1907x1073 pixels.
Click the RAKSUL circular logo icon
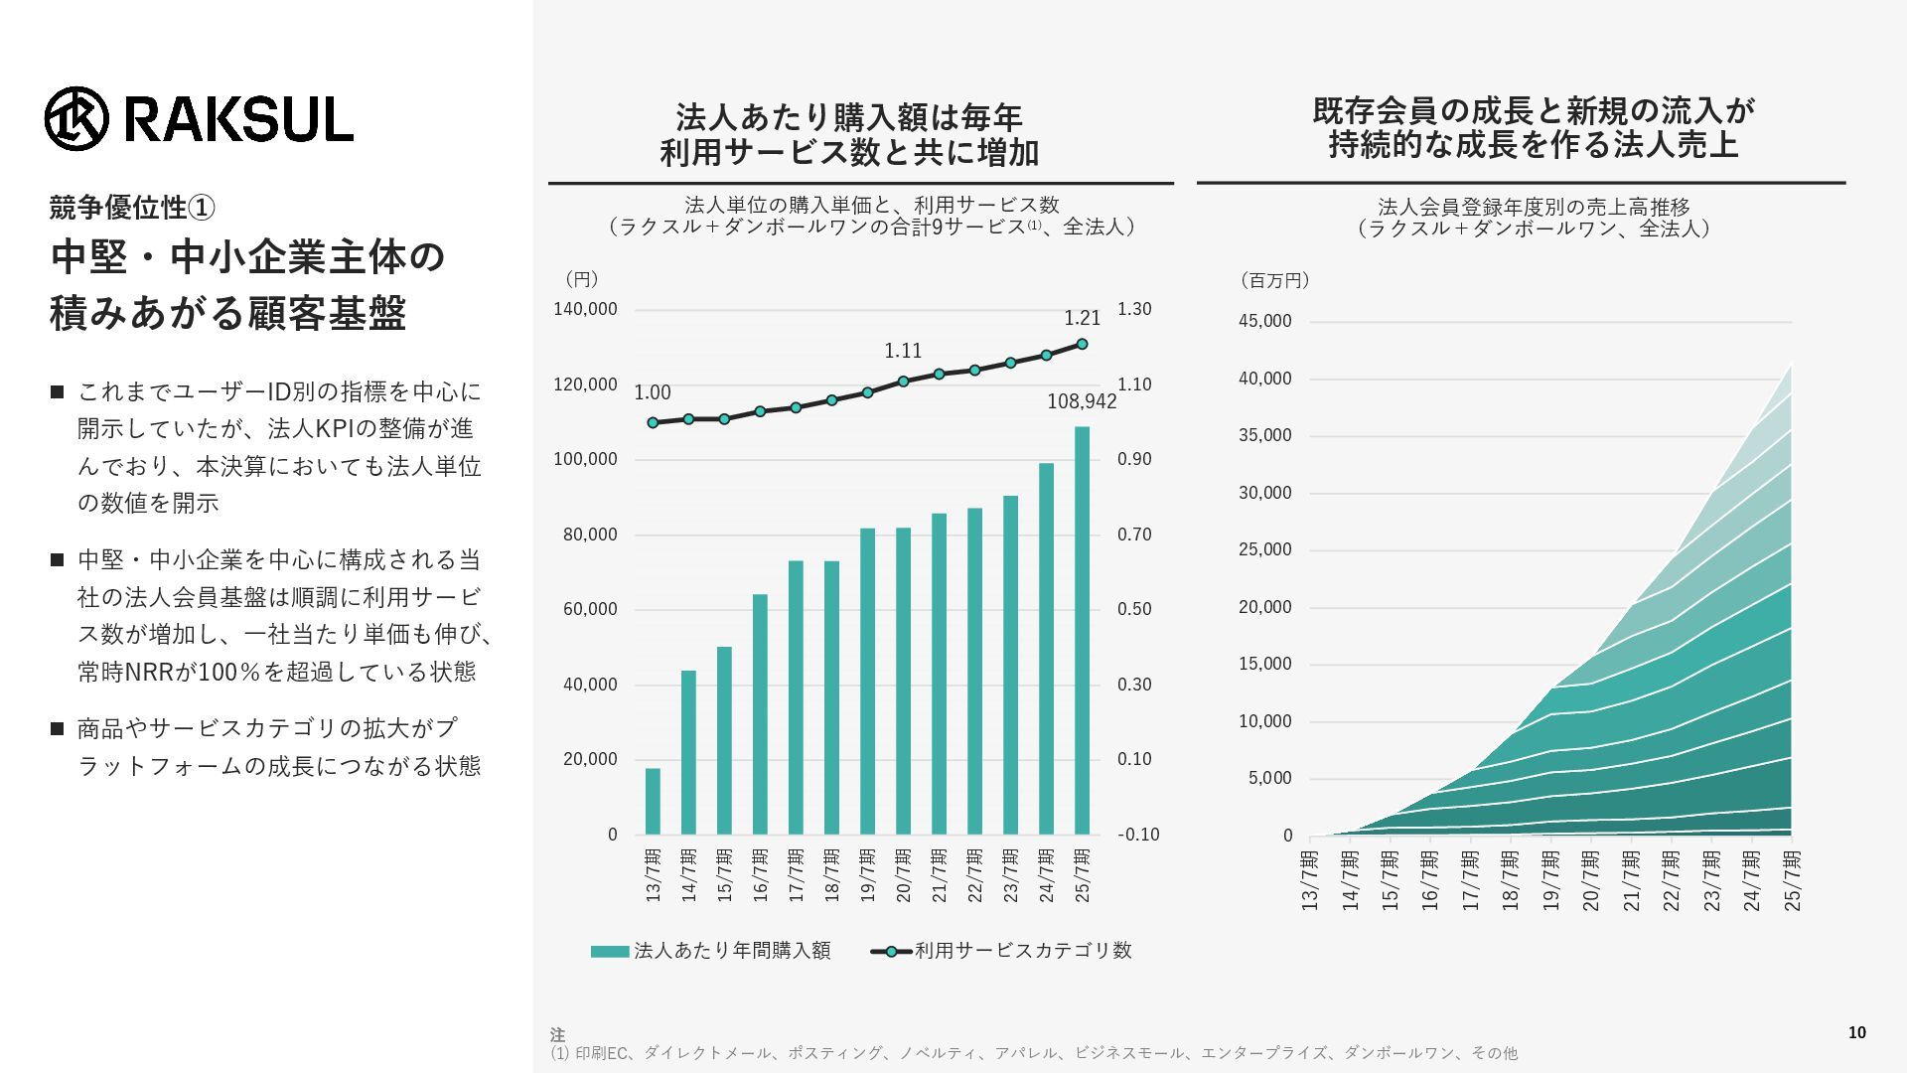[x=75, y=119]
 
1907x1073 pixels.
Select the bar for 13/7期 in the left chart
[x=653, y=801]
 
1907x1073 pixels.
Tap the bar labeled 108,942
[x=1082, y=630]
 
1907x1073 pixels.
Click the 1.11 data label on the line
[x=903, y=351]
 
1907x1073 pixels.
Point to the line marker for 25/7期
[x=1082, y=345]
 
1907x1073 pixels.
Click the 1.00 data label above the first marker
[x=653, y=393]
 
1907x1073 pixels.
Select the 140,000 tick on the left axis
[x=585, y=309]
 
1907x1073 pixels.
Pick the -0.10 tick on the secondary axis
[x=1138, y=835]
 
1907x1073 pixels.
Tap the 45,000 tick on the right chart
[x=1264, y=321]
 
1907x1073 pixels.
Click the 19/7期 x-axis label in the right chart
[x=1550, y=879]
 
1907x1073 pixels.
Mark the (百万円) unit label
[x=1274, y=281]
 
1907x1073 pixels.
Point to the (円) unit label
[x=581, y=280]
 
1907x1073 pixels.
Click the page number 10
[x=1856, y=1032]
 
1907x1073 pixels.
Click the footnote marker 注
[x=557, y=1035]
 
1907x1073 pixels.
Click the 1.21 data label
[x=1082, y=318]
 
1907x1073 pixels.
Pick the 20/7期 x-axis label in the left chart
[x=903, y=875]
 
